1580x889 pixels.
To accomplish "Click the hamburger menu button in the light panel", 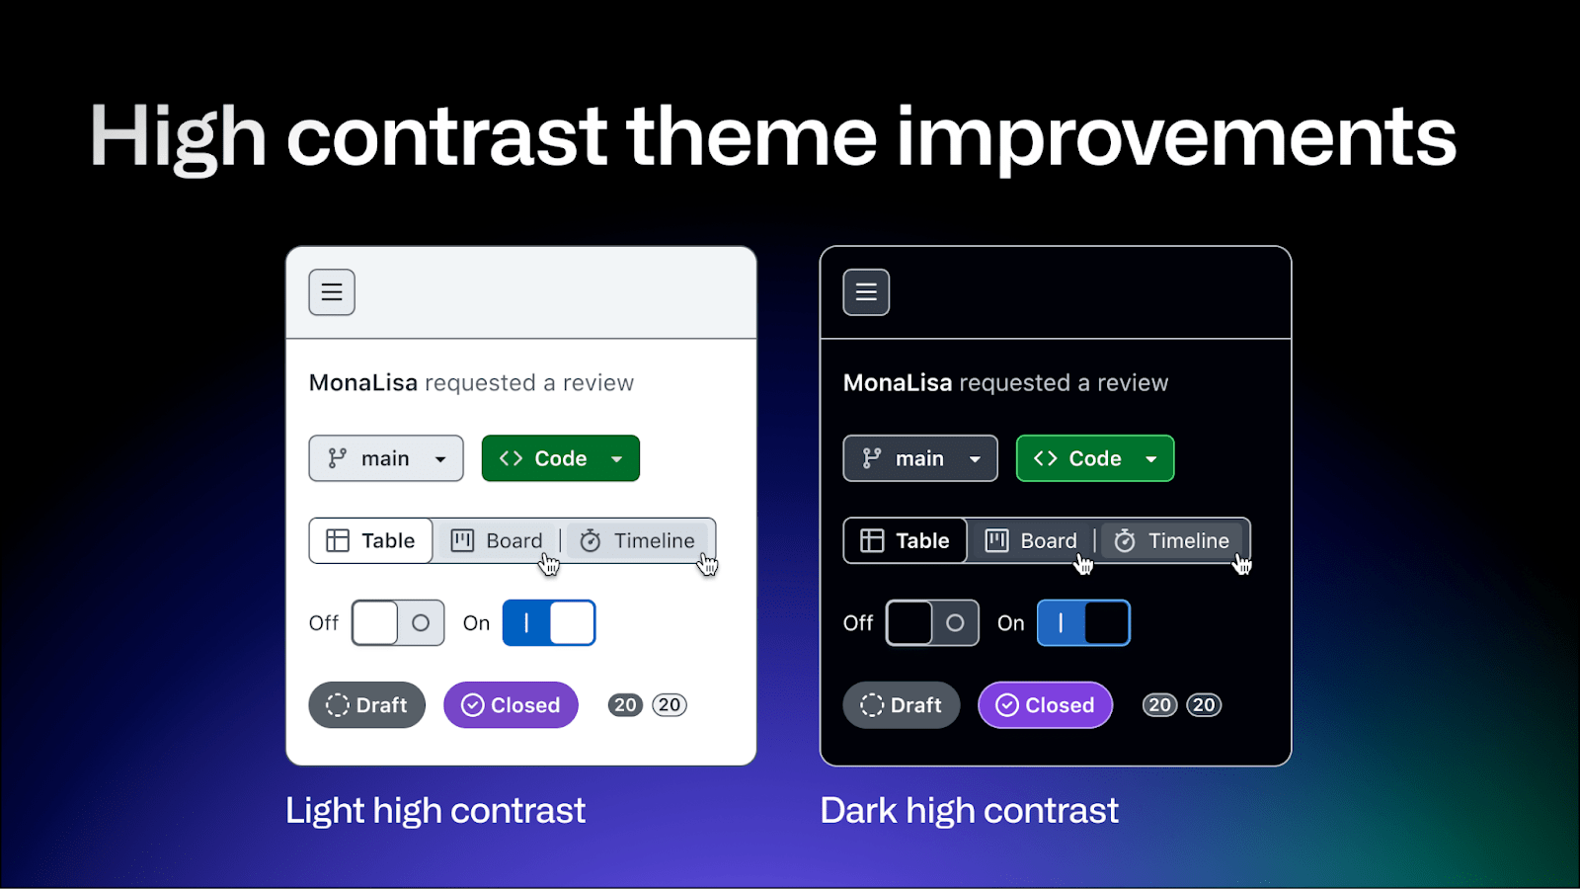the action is click(332, 292).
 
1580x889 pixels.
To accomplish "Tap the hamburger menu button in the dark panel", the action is click(866, 292).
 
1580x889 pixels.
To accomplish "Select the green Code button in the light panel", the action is click(561, 458).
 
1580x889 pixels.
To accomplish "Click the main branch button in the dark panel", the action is click(920, 458).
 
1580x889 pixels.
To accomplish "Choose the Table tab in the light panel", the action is click(371, 540).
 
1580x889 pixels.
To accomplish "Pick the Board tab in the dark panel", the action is click(1031, 540).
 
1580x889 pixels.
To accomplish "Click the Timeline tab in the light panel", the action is click(638, 540).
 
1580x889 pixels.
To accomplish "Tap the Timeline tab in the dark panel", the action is click(1172, 540).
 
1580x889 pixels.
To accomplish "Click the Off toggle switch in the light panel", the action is click(398, 623).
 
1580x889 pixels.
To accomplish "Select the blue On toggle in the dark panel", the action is click(1083, 623).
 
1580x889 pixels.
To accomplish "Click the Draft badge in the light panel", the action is click(366, 705).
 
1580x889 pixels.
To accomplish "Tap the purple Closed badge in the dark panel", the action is click(1046, 705).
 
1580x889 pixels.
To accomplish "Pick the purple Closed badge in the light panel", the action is click(511, 705).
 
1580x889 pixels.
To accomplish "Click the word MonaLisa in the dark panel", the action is click(898, 382).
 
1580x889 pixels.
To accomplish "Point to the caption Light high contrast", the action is click(435, 810).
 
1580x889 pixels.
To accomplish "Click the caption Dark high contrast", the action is click(969, 810).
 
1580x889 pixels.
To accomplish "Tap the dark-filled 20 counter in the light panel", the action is click(625, 705).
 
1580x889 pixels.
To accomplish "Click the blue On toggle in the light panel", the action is click(549, 623).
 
